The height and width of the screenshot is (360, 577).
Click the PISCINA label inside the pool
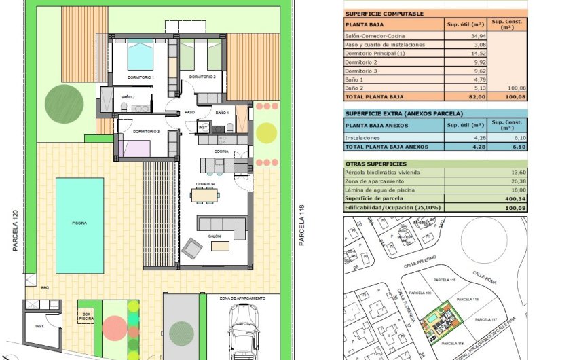(79, 223)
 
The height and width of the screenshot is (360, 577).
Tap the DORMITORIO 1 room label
(143, 77)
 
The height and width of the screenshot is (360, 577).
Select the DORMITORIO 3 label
(146, 131)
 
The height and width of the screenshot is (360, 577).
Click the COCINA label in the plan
(221, 151)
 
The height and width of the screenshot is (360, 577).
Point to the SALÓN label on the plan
(215, 236)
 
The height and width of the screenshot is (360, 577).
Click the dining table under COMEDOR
(205, 195)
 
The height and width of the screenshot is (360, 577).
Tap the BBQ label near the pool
(45, 287)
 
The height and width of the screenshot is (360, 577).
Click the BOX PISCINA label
(86, 315)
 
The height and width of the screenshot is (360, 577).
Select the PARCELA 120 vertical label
(14, 231)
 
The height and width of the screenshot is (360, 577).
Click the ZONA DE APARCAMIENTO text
(242, 298)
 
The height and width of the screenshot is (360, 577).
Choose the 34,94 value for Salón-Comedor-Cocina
(473, 35)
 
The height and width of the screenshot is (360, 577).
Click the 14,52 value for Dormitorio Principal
(473, 52)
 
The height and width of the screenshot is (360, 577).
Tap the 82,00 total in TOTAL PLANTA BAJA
(472, 97)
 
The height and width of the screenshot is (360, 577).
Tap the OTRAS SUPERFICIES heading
(375, 164)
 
